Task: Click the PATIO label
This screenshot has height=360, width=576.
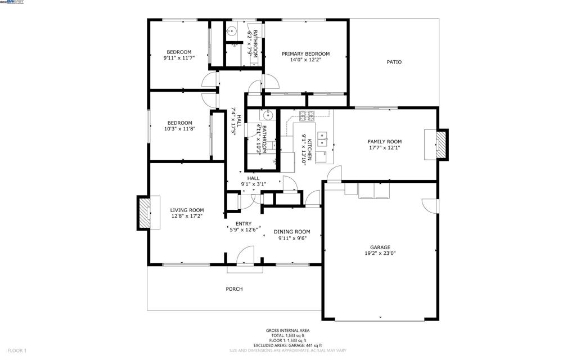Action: (x=394, y=62)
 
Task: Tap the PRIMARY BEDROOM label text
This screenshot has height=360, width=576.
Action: (x=305, y=54)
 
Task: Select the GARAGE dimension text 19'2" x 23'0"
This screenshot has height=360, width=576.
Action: (x=380, y=254)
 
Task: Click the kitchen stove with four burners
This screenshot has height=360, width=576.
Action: (x=308, y=116)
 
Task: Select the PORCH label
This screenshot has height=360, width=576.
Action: (x=234, y=289)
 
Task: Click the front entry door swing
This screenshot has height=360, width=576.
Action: (x=245, y=257)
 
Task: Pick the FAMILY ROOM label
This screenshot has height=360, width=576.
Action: (x=385, y=142)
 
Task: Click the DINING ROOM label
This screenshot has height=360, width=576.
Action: (x=292, y=232)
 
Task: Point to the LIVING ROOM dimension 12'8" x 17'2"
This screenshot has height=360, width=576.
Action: (x=187, y=216)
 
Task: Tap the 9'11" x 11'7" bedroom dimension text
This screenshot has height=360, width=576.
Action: (x=179, y=58)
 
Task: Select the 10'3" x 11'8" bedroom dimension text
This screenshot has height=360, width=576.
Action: (x=179, y=129)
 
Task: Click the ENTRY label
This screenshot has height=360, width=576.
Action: (x=244, y=224)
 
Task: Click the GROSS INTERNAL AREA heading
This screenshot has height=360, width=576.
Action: (x=287, y=331)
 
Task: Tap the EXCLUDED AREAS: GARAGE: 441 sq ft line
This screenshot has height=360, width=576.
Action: (x=287, y=345)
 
